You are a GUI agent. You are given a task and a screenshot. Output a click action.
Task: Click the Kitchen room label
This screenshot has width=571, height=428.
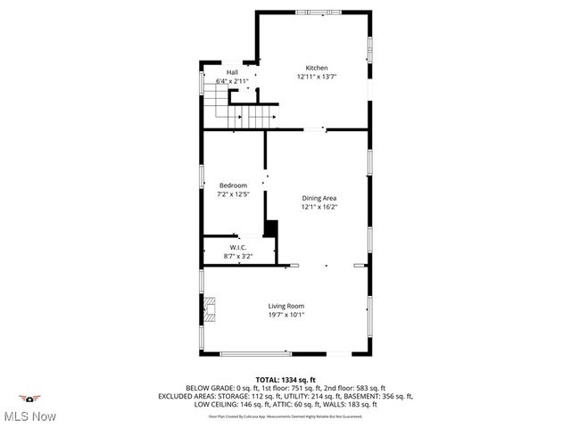pos(317,68)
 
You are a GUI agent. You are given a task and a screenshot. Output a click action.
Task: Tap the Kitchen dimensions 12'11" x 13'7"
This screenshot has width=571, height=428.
pos(317,77)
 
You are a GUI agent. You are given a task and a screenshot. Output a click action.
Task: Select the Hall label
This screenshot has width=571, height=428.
pos(232,72)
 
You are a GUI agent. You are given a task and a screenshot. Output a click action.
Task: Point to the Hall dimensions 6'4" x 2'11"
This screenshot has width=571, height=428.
pos(232,81)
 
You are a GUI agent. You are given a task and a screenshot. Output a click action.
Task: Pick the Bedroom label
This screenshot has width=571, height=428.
pos(233,185)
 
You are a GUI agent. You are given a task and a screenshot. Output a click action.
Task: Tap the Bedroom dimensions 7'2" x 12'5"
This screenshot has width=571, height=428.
pos(233,194)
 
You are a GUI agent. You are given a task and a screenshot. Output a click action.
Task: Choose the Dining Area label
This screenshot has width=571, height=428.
pos(319,198)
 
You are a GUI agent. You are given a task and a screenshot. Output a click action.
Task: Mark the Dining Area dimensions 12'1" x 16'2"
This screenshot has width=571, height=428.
pos(319,207)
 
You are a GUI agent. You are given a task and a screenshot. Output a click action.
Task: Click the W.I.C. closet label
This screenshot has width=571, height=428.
pos(238,247)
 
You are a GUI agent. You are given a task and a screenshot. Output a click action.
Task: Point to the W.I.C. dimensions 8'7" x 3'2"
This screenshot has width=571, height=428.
pos(238,256)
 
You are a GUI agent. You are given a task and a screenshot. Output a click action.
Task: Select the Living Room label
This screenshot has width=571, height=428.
pos(286,306)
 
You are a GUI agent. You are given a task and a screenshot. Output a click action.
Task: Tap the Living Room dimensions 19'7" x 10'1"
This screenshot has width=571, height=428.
pos(286,315)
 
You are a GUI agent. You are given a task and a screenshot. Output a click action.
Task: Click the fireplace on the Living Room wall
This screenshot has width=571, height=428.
pos(207,309)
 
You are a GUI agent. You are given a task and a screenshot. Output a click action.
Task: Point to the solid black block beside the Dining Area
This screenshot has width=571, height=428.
pos(270,229)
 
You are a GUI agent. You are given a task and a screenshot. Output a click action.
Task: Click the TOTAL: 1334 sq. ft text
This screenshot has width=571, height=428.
pos(285,379)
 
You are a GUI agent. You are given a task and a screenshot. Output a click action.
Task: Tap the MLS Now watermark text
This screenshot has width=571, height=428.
pos(30,416)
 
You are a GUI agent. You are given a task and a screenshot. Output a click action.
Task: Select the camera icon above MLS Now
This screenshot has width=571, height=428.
pos(29,399)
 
